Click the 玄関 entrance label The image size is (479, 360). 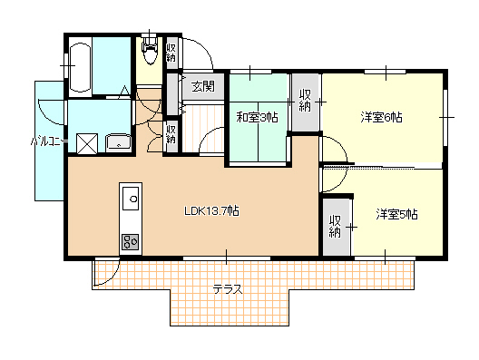203,87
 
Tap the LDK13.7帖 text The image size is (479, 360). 211,211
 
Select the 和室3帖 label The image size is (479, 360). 258,117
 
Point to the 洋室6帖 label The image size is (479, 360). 381,117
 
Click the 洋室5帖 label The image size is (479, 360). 396,214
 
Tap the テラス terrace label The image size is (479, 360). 228,289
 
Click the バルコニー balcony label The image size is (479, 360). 49,141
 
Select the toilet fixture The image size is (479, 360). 149,51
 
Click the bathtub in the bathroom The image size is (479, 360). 80,67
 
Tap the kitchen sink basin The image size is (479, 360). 131,199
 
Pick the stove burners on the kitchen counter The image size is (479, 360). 131,242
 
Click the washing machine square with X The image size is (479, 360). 87,144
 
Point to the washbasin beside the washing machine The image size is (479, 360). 118,143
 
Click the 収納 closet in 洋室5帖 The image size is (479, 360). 337,227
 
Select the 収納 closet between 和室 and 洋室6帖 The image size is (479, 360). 305,102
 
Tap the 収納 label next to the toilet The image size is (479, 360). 171,53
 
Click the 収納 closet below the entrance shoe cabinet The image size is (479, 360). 171,134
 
